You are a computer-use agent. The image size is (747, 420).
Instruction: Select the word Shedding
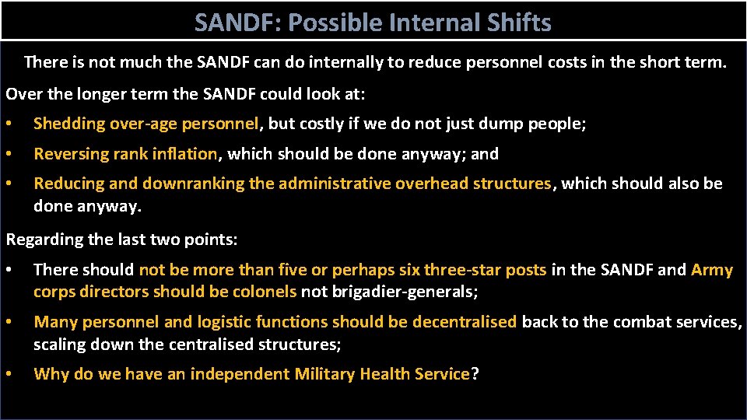(x=70, y=124)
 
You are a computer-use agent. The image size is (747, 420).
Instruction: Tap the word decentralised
(x=465, y=322)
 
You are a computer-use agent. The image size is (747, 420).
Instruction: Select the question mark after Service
(x=475, y=374)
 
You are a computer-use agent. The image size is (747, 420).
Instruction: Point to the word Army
(x=712, y=270)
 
